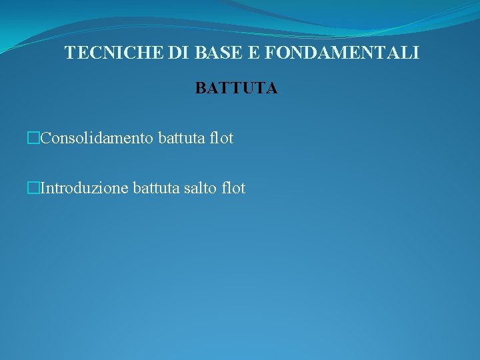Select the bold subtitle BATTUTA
click(237, 89)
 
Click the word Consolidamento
click(98, 139)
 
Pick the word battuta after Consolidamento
click(183, 139)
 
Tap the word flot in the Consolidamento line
click(222, 139)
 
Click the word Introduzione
click(85, 189)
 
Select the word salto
click(202, 189)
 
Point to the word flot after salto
click(234, 189)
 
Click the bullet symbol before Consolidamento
click(35, 139)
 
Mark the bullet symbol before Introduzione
click(35, 189)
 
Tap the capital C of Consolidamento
click(46, 139)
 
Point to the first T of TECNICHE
click(70, 53)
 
